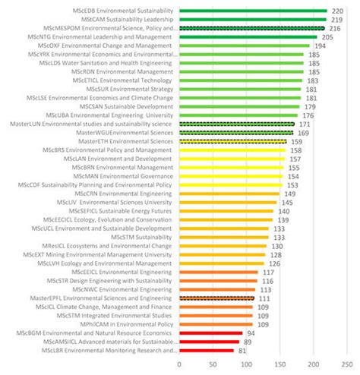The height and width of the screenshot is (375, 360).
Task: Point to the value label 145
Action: [x=287, y=203]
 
